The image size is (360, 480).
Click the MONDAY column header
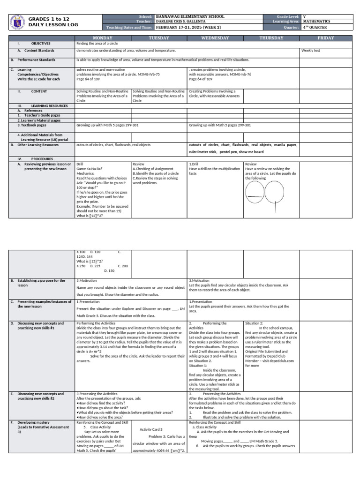[x=103, y=38]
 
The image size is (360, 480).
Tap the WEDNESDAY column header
[x=215, y=38]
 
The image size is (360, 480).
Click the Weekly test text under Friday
[x=311, y=51]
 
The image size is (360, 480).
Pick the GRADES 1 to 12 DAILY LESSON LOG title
[x=52, y=22]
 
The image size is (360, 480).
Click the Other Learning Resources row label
[x=38, y=145]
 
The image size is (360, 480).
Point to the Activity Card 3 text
[x=151, y=429]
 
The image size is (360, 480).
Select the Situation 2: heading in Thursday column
[x=255, y=323]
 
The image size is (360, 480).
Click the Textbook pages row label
[x=32, y=125]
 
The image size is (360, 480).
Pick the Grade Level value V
[x=305, y=16]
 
